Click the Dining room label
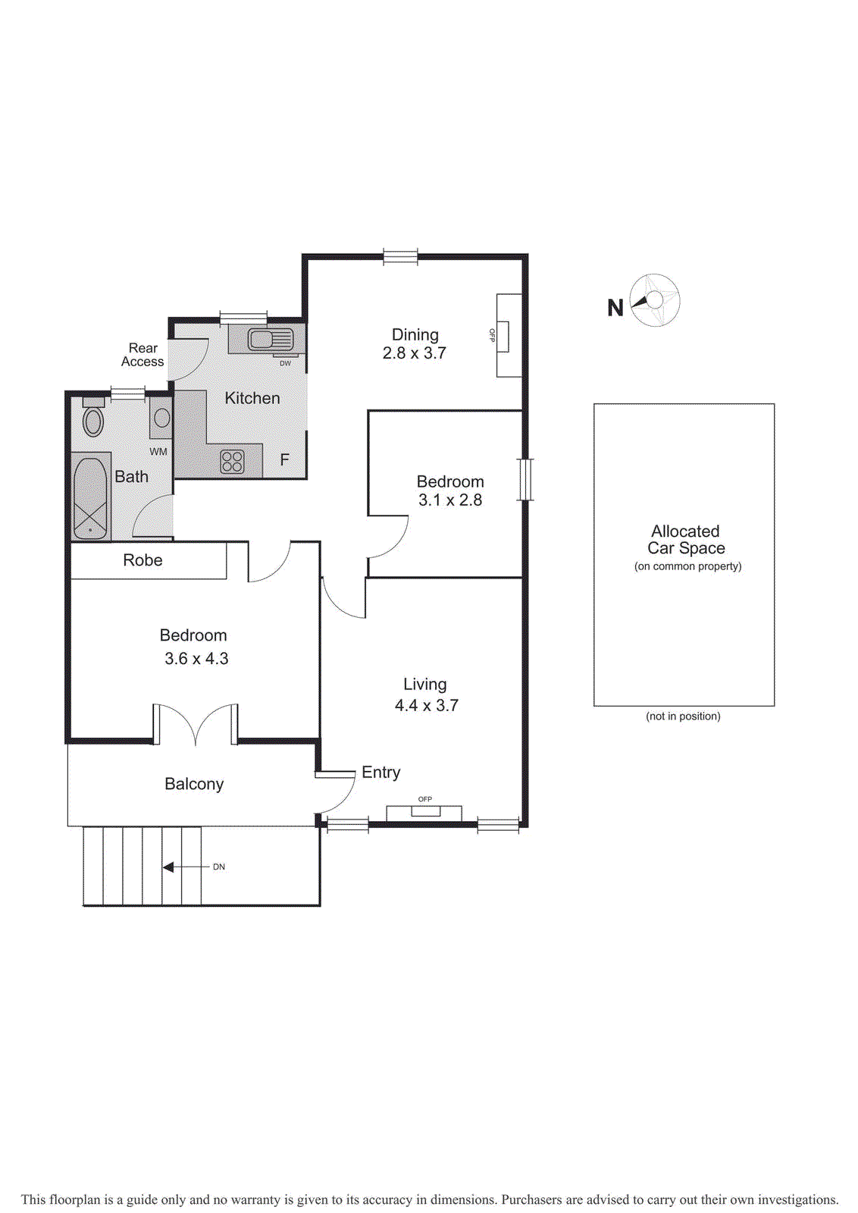(x=415, y=334)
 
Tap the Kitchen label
(x=252, y=398)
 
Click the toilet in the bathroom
(x=93, y=420)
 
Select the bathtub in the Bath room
(x=90, y=497)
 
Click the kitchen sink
(x=261, y=340)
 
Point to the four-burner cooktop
(x=233, y=461)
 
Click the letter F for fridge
(x=285, y=459)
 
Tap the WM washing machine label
(x=158, y=452)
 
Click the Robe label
(x=142, y=560)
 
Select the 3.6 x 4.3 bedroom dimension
(x=196, y=659)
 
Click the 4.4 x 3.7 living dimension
(x=426, y=706)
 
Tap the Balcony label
(x=194, y=784)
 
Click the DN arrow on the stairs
(x=168, y=867)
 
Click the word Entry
(x=380, y=773)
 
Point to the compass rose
(x=655, y=301)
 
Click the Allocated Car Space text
(x=685, y=540)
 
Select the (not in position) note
(x=683, y=716)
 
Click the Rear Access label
(x=142, y=355)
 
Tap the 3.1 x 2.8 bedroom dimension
(x=450, y=500)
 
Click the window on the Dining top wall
(x=400, y=257)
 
